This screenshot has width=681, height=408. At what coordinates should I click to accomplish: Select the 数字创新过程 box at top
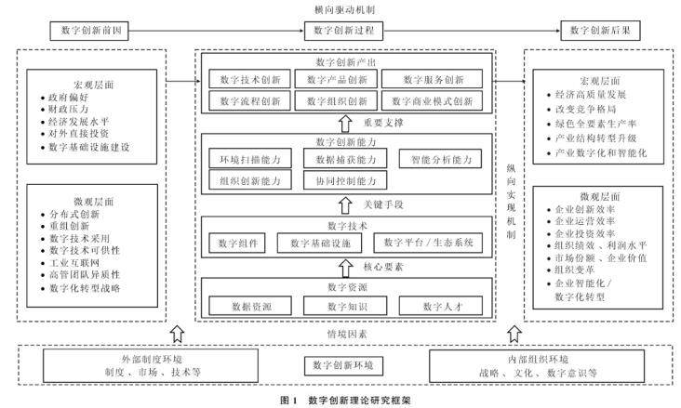[344, 30]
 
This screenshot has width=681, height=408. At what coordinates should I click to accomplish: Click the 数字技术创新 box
[247, 78]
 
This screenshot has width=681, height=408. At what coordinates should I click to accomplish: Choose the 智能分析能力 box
[441, 159]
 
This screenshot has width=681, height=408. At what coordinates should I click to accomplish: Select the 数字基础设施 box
[318, 243]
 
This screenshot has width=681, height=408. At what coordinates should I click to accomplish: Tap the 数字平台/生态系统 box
[430, 243]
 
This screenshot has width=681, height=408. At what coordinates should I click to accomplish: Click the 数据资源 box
[247, 305]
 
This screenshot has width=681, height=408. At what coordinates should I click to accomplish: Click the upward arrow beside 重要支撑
[344, 122]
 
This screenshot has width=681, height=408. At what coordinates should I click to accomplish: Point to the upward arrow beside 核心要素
[344, 266]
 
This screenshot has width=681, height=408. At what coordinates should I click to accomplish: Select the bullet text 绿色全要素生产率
[594, 124]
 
